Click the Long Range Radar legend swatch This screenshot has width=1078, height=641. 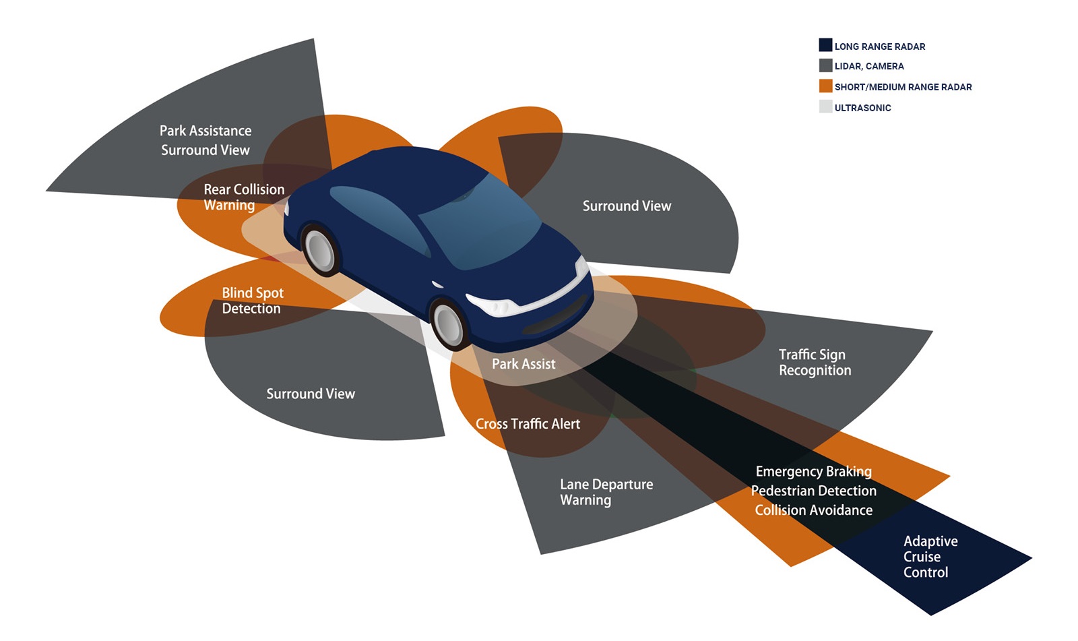825,45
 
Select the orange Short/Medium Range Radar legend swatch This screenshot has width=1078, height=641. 825,86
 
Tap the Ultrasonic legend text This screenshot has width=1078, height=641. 862,108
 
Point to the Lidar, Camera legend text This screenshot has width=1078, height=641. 869,66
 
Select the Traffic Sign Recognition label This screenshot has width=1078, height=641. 815,362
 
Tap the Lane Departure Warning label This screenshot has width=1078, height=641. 606,492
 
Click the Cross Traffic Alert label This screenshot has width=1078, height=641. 528,424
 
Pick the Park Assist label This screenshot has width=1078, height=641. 524,364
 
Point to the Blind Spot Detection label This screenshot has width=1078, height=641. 252,301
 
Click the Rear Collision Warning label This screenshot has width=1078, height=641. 243,197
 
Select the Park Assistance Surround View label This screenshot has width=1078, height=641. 205,140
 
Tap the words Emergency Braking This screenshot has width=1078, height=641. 813,471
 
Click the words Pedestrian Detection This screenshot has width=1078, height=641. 813,491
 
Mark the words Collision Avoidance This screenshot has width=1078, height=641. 813,510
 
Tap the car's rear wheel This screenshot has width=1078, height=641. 319,249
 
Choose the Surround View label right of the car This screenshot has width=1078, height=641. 627,206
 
